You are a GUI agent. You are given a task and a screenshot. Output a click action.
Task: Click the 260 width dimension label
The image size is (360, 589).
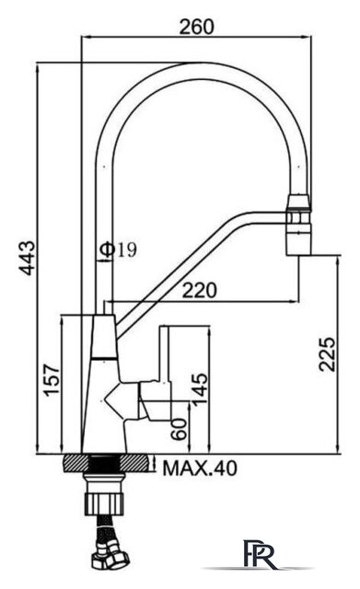[x=196, y=27]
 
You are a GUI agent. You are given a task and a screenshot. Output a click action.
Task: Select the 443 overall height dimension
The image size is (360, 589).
[x=27, y=258]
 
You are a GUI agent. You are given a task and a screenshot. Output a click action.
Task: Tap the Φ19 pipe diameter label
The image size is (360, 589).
[x=119, y=249]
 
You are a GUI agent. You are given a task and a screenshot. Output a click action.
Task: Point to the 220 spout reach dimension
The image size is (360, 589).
[x=200, y=290]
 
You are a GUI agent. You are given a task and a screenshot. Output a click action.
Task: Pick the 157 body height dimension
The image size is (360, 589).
[x=52, y=379]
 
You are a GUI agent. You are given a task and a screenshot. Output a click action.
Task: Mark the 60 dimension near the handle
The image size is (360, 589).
[x=179, y=429]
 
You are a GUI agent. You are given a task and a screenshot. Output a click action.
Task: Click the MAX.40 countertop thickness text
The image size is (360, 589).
[x=200, y=468]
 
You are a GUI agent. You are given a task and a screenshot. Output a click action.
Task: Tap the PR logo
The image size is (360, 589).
[x=260, y=553]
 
